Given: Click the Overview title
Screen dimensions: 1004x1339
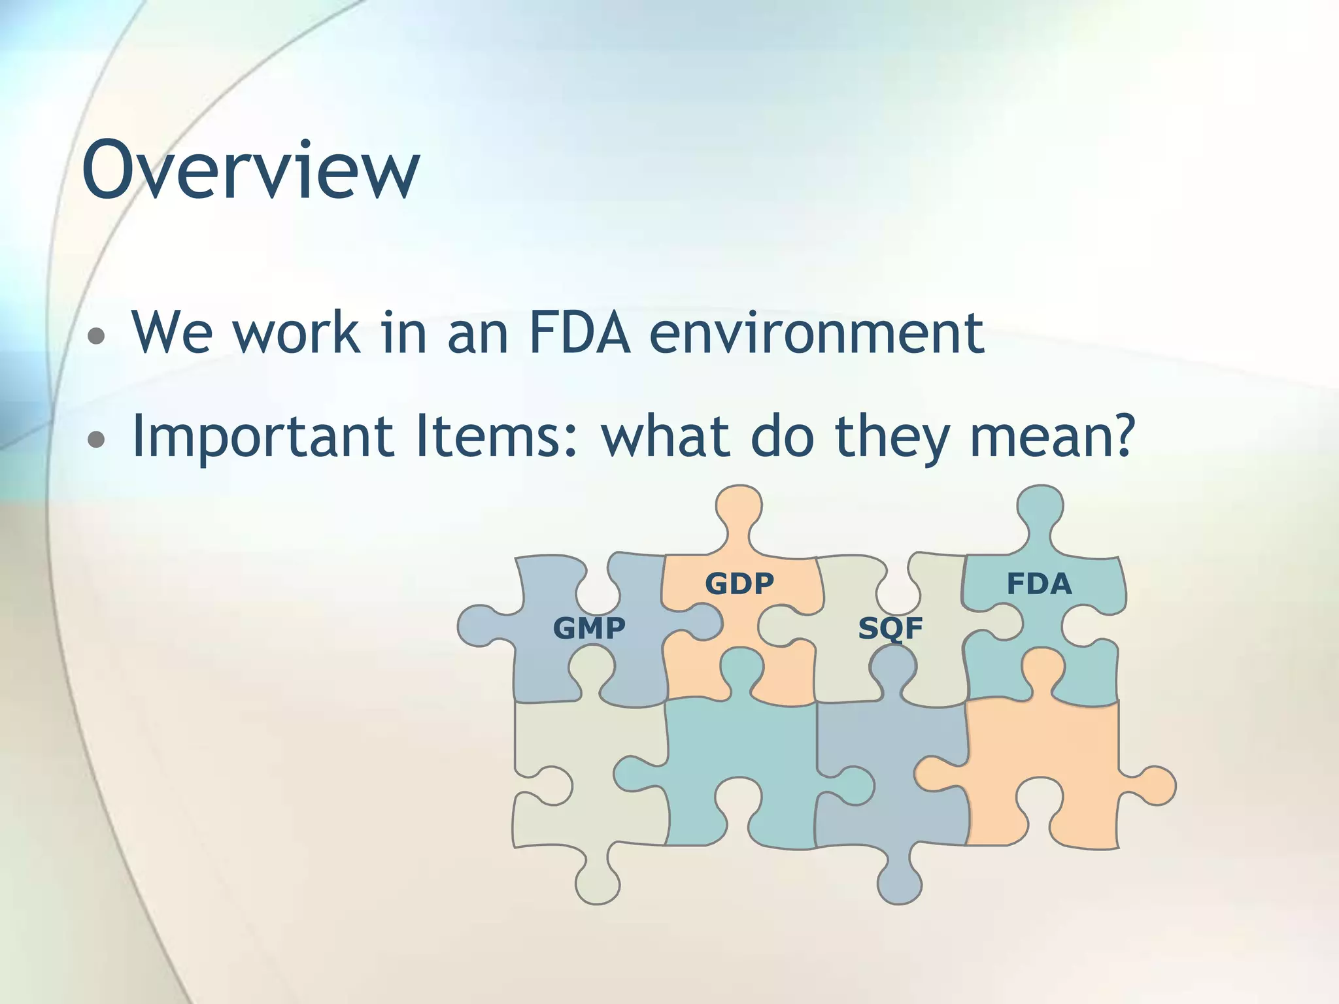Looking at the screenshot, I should click(250, 170).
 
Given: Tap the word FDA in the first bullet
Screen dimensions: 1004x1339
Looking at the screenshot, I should click(579, 333).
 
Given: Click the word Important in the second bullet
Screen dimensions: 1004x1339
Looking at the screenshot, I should click(262, 437).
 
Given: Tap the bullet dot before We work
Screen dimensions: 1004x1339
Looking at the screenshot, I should click(97, 336).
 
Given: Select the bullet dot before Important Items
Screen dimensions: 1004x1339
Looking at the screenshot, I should click(97, 439).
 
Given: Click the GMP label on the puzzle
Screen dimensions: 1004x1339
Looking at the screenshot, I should click(589, 628).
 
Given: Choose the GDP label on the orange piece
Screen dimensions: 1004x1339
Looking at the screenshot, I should click(739, 583).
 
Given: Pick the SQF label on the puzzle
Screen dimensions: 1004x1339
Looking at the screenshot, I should click(890, 629).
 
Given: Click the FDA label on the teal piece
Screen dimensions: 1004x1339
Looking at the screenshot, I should click(1039, 584).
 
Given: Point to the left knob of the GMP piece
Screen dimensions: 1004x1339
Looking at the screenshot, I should click(481, 626).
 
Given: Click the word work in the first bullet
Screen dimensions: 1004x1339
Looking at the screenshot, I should click(296, 333).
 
